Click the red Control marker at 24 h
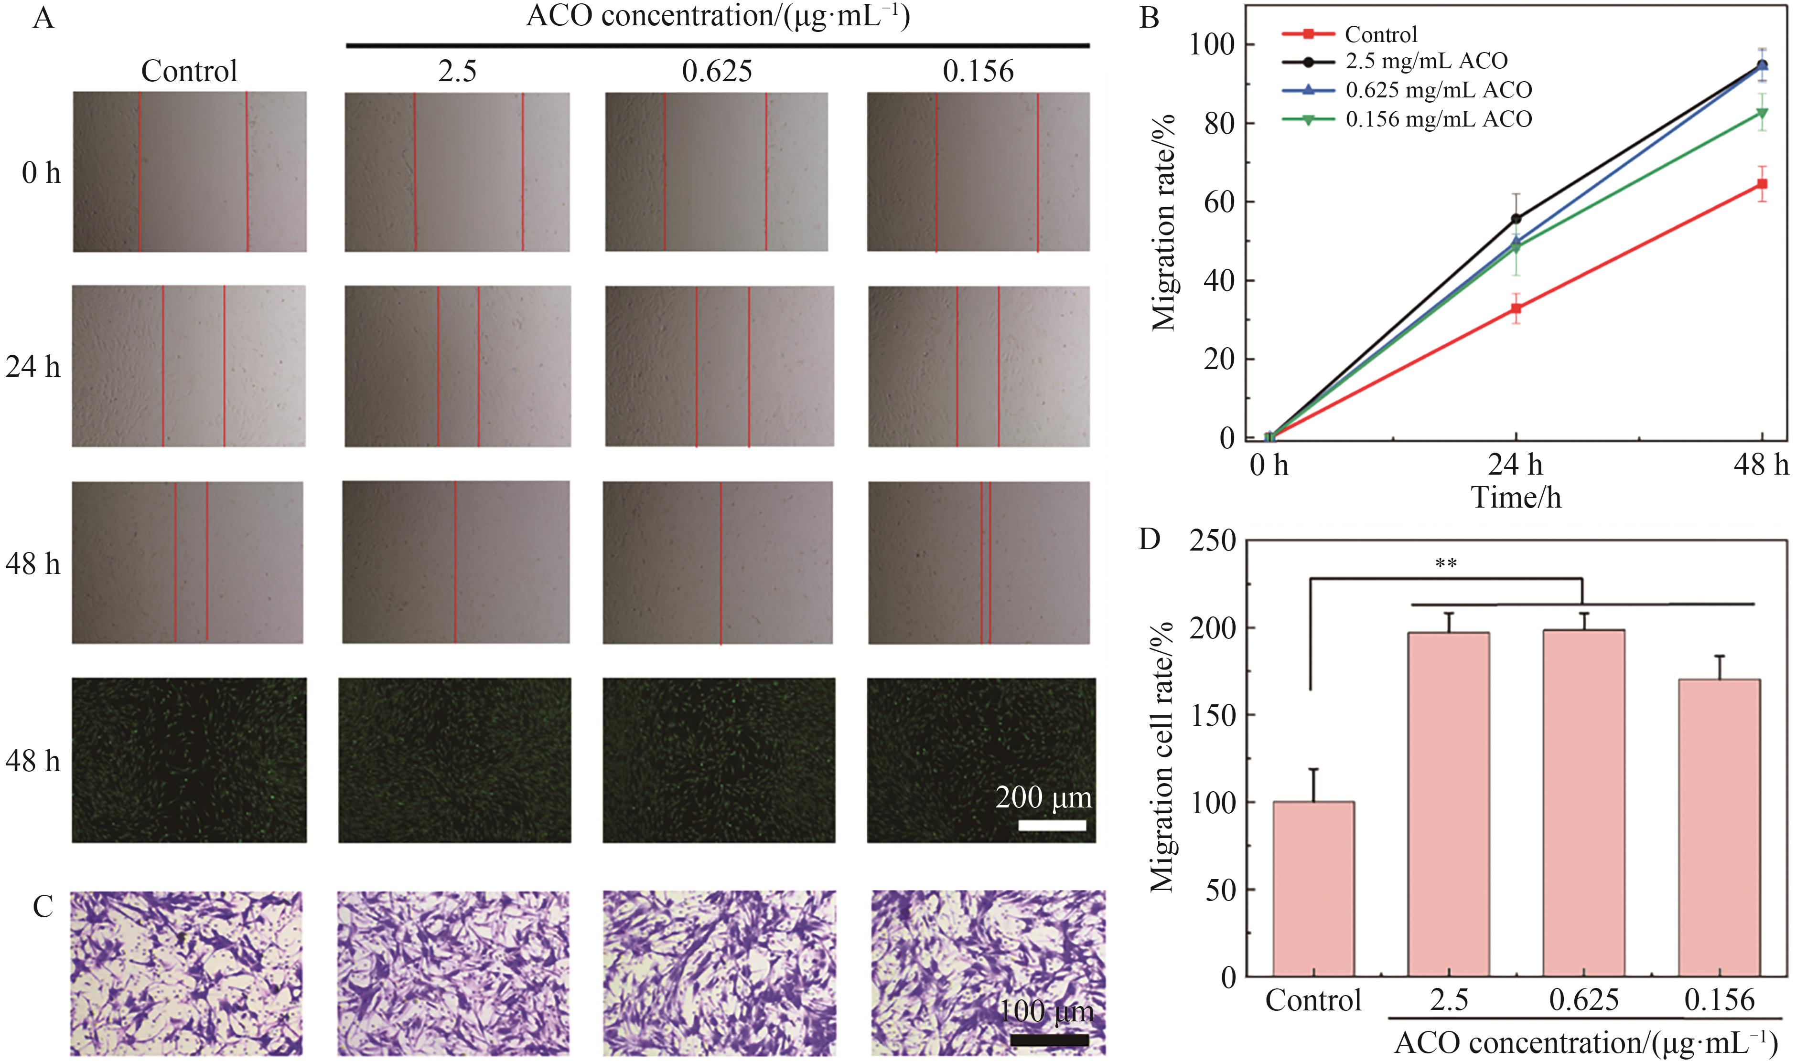1516,309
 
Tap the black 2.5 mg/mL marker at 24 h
1516,219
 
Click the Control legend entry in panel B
1380,34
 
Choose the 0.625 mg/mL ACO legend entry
1438,90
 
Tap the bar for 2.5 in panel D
1448,804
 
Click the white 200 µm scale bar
1052,825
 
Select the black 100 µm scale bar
1049,1040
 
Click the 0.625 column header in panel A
717,71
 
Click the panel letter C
43,907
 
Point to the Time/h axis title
1516,498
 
